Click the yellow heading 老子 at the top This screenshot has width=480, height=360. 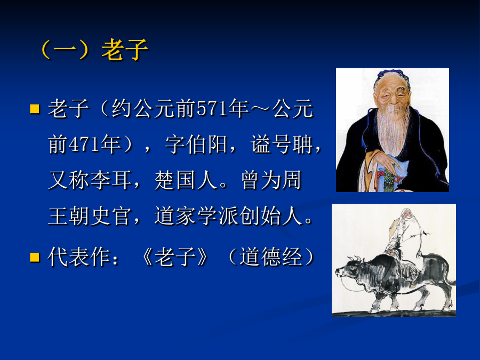125,50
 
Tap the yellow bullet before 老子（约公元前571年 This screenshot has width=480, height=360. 35,109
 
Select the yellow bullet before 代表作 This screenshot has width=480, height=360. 35,257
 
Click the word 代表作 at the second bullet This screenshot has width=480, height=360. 79,257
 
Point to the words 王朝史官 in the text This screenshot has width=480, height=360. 90,216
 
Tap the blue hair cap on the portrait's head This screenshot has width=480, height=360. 391,75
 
